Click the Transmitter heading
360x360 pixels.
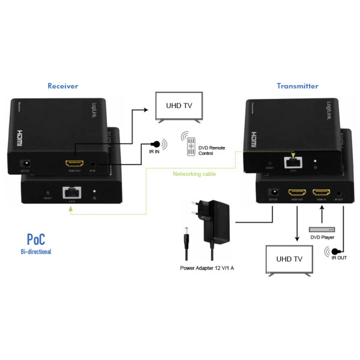coord(297,86)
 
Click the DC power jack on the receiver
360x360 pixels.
coord(26,163)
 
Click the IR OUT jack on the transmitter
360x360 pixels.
coord(340,193)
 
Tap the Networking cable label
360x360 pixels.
coord(194,175)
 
